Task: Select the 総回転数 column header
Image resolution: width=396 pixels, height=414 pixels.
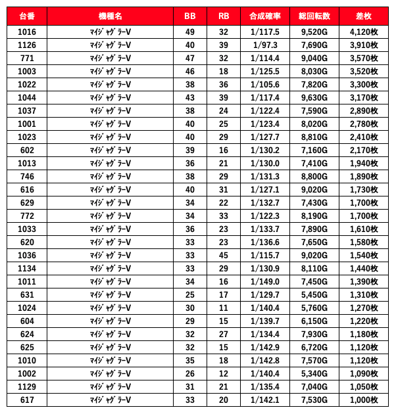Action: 314,14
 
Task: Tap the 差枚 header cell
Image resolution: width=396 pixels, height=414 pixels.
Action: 364,14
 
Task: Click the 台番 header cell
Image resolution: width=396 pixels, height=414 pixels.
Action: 27,14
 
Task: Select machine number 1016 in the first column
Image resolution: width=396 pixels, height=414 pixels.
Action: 27,32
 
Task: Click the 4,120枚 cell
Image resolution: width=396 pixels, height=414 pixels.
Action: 364,32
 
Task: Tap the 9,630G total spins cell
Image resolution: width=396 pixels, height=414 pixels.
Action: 314,97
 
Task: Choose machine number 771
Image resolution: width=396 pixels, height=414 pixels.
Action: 27,58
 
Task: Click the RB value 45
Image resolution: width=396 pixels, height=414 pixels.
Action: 223,255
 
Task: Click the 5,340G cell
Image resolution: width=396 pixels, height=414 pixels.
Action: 314,373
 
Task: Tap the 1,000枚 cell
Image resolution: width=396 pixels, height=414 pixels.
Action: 364,400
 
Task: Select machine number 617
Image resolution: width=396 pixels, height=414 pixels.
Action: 27,400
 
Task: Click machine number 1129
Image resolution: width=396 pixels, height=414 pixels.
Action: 27,386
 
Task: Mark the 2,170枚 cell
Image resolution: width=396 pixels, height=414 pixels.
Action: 364,150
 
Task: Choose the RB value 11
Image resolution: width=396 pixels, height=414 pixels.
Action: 223,308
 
